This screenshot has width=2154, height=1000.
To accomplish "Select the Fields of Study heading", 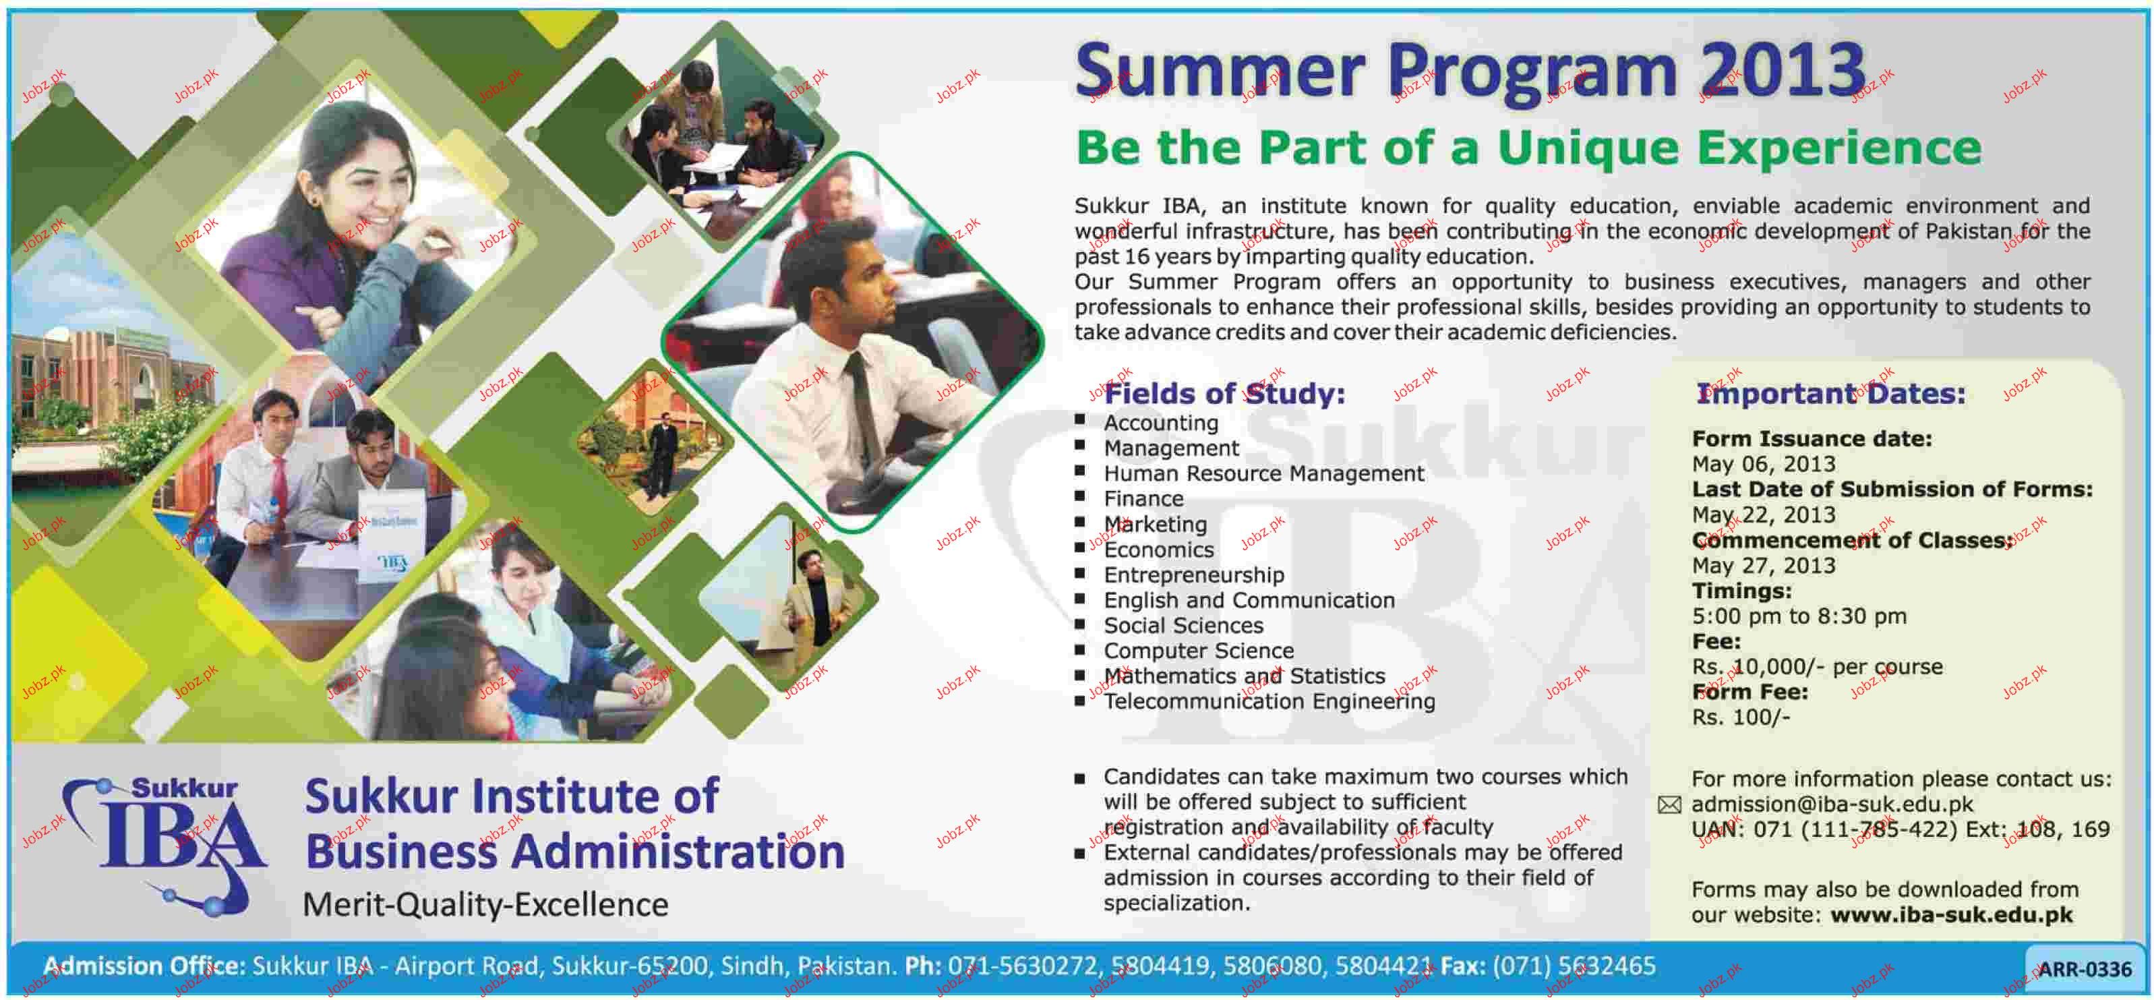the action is tap(1225, 393).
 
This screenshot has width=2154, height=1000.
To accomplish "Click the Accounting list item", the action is tap(1161, 423).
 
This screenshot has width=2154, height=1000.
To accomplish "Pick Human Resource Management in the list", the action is tap(1263, 473).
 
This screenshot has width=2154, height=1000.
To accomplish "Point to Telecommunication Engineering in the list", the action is tap(1269, 701).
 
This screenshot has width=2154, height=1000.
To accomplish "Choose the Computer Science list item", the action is tap(1198, 651).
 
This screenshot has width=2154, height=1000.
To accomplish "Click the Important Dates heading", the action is tap(1830, 394).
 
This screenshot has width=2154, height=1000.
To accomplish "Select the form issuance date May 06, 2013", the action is tap(1764, 464).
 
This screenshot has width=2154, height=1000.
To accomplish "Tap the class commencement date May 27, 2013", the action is tap(1764, 565).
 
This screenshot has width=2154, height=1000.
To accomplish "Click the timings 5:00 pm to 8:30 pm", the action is tap(1799, 616).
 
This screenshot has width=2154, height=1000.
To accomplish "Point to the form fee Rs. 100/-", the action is tap(1741, 717).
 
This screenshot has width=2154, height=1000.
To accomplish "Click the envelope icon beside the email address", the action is tap(1669, 804).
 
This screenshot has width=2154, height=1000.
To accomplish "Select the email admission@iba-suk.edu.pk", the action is tap(1832, 804).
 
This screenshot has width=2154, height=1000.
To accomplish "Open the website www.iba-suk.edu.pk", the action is tap(1952, 915).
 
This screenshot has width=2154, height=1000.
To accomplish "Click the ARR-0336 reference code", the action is tap(2085, 969).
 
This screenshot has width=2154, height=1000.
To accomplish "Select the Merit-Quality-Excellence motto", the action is tap(485, 905).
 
